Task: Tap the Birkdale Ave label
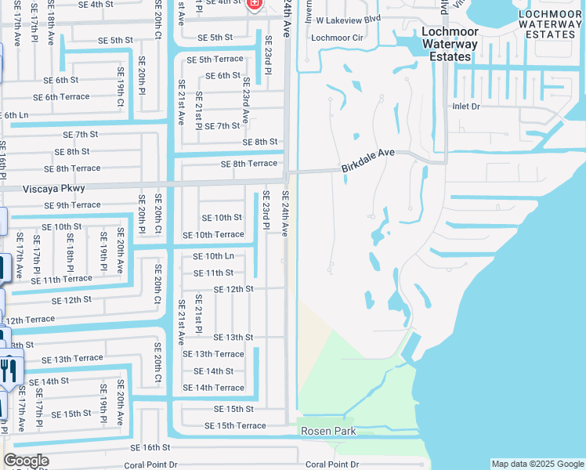pos(367,161)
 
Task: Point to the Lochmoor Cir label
pos(338,37)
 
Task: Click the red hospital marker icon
pos(253,4)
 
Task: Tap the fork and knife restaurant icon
pos(9,369)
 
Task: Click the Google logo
pos(26,461)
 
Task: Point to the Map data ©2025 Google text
pos(537,464)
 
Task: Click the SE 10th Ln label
pos(213,256)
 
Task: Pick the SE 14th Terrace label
pos(213,388)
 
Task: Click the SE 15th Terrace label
pos(235,425)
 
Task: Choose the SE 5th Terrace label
pos(215,60)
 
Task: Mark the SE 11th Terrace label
pos(61,279)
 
